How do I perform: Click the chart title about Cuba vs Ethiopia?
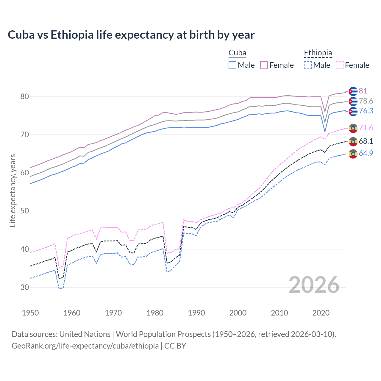[131, 35]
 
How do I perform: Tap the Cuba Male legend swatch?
[232, 65]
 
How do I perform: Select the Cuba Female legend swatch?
[264, 65]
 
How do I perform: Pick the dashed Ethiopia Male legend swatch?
[308, 65]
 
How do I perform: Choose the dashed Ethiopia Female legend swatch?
[339, 65]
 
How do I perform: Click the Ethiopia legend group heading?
[318, 53]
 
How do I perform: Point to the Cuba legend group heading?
[237, 53]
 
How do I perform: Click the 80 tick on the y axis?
[25, 96]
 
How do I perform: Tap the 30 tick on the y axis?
[25, 287]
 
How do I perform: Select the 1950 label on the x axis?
[30, 313]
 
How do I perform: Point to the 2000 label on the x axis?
[238, 313]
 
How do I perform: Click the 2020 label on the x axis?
[321, 313]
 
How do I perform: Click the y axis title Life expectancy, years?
[13, 190]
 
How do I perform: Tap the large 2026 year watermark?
[314, 285]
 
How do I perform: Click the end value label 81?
[363, 91]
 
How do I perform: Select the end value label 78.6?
[366, 101]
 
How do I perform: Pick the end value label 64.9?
[366, 153]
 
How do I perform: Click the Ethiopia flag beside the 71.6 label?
[353, 128]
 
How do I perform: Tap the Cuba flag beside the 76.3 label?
[353, 111]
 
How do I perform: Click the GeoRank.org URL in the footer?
[85, 346]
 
